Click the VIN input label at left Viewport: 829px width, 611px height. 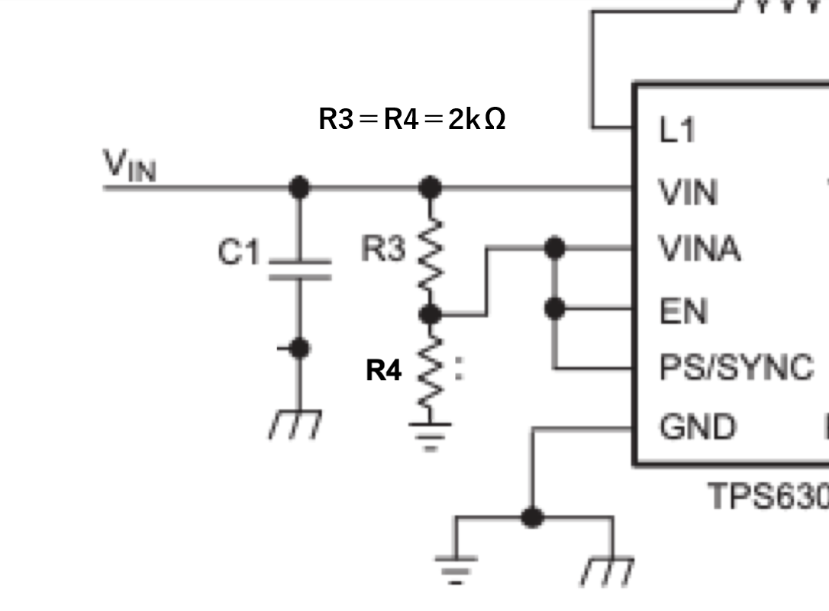129,166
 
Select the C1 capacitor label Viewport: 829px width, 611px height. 239,252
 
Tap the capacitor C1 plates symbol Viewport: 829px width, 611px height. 299,269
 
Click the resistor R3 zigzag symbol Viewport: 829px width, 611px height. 431,255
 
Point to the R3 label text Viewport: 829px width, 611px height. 383,249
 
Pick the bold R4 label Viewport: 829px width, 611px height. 384,371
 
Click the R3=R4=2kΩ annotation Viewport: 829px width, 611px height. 411,119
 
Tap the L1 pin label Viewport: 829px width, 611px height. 678,131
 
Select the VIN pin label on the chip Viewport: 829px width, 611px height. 688,192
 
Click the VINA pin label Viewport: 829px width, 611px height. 699,249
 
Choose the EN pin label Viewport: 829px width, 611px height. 683,311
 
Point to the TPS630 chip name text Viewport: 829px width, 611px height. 768,496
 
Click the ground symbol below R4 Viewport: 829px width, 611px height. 431,434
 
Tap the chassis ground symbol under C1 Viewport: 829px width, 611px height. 296,424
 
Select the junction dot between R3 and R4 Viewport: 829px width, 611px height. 431,313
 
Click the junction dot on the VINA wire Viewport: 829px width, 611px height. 555,247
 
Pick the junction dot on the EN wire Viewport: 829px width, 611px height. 555,308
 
